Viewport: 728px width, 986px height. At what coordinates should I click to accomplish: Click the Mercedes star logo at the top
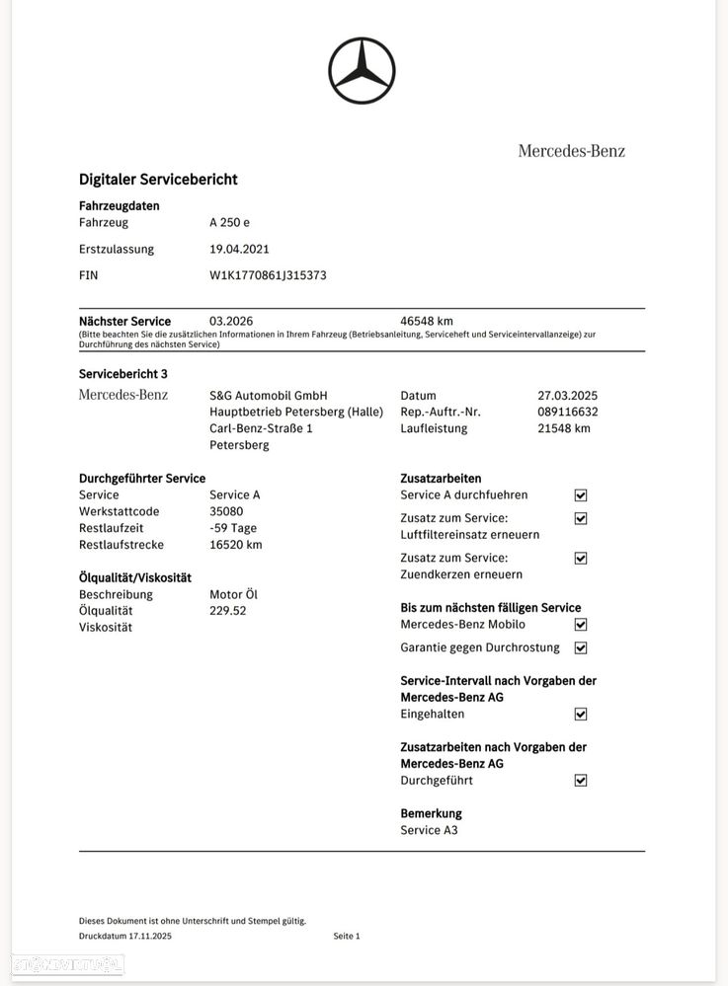(362, 71)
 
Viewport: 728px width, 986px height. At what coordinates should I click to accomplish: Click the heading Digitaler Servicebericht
(158, 180)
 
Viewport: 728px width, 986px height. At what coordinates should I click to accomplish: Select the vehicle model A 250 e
(229, 223)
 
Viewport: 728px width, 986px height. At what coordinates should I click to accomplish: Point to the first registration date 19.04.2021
(239, 250)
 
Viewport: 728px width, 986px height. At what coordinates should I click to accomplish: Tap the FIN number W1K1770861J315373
(268, 275)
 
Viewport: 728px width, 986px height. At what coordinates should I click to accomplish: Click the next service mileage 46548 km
(427, 322)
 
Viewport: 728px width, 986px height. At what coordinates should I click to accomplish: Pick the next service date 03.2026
(230, 322)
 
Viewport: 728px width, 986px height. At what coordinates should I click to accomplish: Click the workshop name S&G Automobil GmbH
(268, 396)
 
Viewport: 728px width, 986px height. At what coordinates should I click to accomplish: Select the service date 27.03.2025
(567, 396)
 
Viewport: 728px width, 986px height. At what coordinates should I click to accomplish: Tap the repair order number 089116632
(567, 413)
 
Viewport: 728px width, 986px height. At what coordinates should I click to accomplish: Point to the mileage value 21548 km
(563, 428)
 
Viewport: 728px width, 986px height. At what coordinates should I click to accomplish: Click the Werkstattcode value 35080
(226, 512)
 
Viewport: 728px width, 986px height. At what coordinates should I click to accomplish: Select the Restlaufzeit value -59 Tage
(233, 528)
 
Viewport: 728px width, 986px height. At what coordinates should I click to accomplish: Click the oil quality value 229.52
(228, 611)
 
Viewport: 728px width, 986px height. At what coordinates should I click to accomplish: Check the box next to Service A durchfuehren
(581, 495)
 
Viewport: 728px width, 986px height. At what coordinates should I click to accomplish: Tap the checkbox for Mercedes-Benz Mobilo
(581, 625)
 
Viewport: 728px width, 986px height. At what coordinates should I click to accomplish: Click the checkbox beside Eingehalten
(581, 715)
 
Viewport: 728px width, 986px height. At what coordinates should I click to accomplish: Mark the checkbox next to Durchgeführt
(581, 781)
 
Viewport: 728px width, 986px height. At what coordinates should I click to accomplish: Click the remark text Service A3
(429, 831)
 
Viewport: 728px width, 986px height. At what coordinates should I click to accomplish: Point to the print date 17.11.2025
(150, 937)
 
